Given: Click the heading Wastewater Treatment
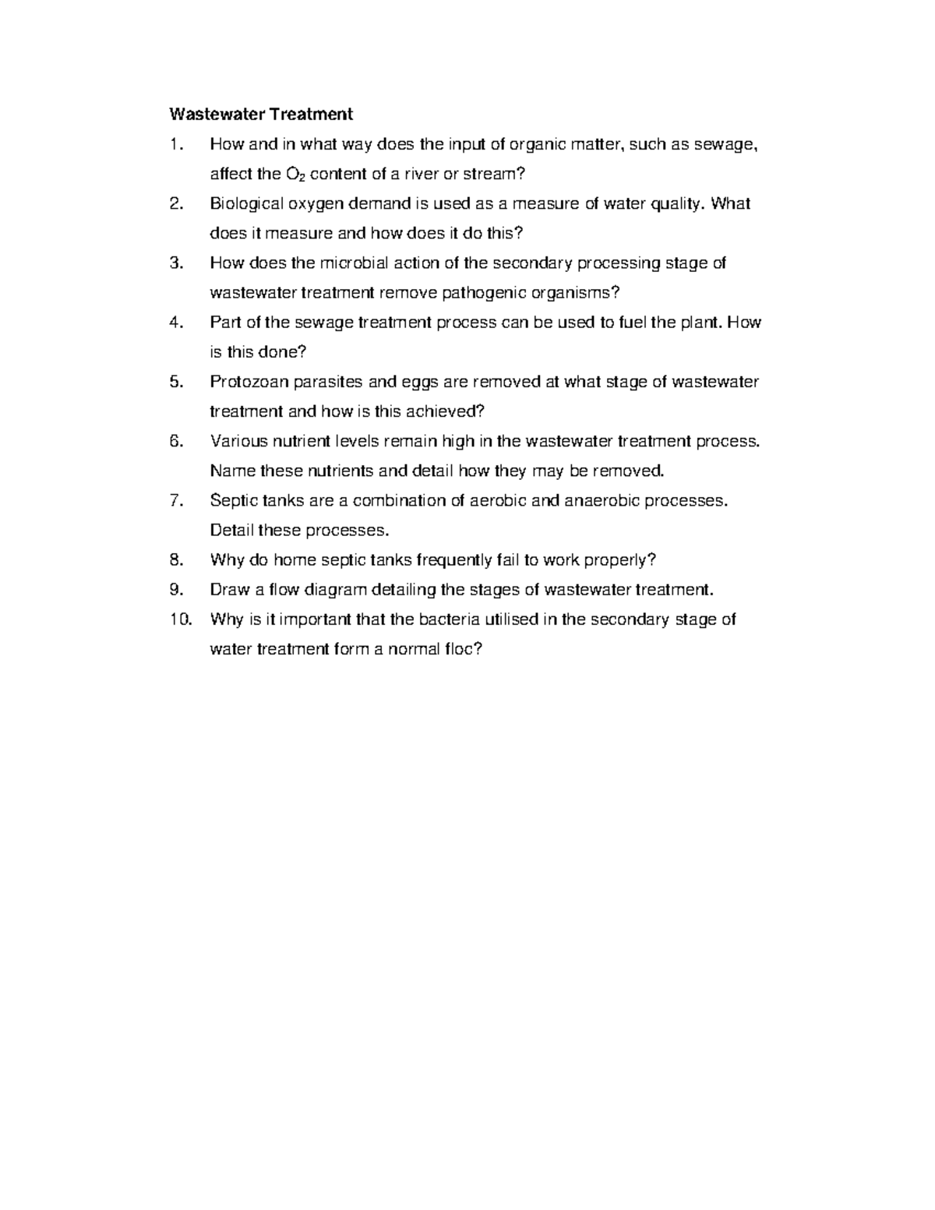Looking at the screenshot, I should coord(261,115).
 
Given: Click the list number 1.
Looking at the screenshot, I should coord(175,144).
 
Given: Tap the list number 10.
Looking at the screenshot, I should coord(179,619).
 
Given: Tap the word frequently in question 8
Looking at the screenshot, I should coord(453,559).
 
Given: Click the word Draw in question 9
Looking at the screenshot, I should coord(230,590).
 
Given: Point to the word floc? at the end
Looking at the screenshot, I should coord(463,649).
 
